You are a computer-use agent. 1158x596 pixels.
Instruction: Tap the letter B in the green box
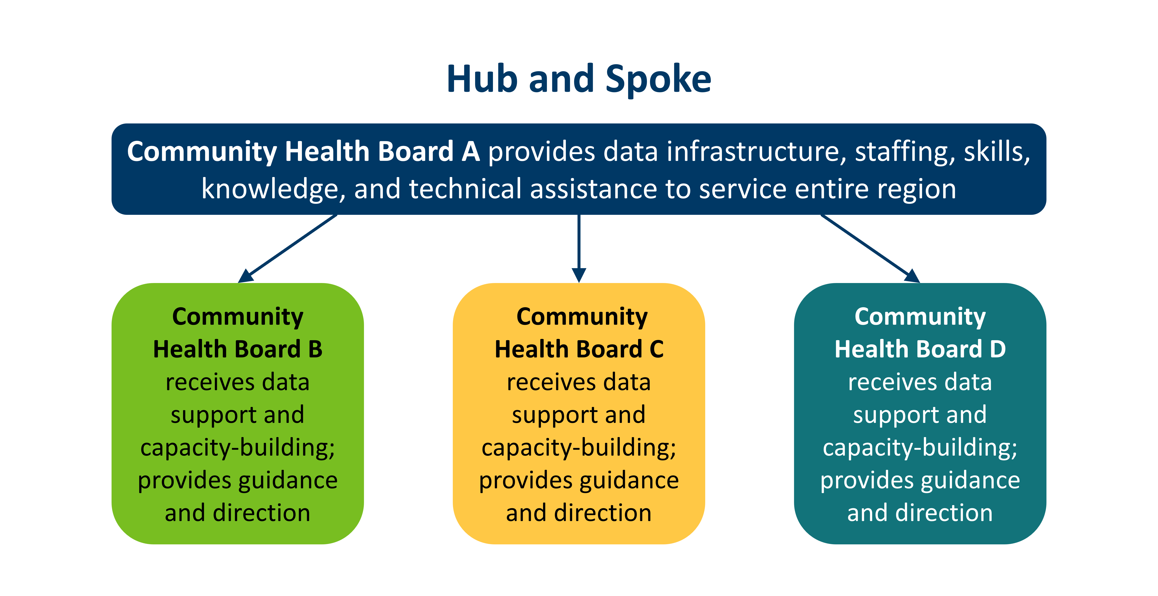[x=315, y=349]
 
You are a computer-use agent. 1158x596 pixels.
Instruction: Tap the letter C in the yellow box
[x=656, y=349]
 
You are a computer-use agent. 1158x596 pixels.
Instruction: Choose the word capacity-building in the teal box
[x=920, y=448]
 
